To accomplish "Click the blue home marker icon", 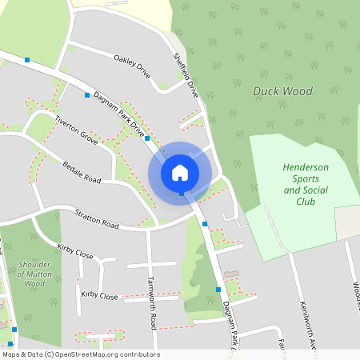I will (x=180, y=172).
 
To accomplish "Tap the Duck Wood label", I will (x=282, y=91).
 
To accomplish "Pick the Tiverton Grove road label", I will (x=76, y=130).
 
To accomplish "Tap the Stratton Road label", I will (x=96, y=220).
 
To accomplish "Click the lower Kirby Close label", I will (x=99, y=296).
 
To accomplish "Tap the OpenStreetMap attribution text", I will (x=80, y=354).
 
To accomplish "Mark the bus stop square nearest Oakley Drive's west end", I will (x=87, y=94).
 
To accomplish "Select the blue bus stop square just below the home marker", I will (x=182, y=194).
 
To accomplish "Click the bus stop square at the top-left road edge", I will (x=28, y=59).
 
